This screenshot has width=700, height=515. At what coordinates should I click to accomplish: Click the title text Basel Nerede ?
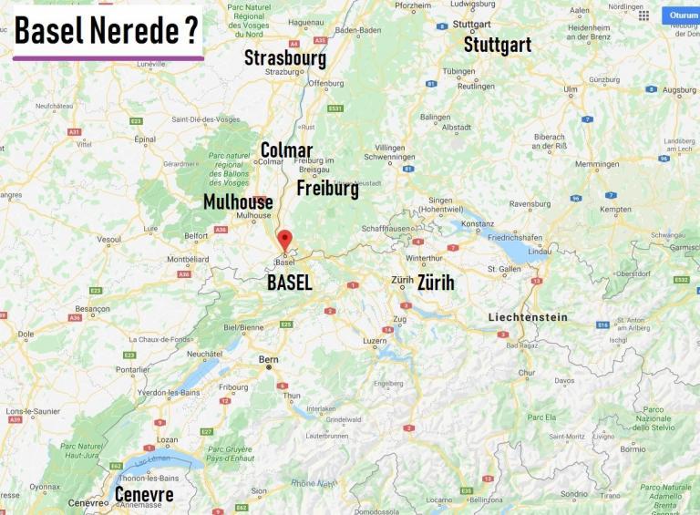108,31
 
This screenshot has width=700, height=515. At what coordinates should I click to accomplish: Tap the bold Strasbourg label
284,58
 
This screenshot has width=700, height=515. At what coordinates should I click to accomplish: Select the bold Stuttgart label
498,44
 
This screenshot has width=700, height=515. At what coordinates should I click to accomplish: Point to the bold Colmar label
286,150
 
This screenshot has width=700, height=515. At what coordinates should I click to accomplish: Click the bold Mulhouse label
238,201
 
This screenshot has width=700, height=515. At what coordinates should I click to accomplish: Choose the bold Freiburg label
327,189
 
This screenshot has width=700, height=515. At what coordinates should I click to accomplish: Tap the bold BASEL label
290,283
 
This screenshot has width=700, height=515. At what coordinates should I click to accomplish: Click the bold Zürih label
436,283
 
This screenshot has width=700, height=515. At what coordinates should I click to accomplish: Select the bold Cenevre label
144,494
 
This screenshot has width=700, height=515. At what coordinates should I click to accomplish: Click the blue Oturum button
683,15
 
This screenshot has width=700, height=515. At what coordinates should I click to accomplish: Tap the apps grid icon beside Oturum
643,15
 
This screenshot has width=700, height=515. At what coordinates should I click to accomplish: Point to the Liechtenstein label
528,317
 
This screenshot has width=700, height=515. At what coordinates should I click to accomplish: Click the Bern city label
268,359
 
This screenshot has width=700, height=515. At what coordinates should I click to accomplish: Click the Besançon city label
93,309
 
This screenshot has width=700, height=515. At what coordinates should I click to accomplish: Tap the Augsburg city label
679,90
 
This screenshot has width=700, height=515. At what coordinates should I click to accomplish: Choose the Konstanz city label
477,223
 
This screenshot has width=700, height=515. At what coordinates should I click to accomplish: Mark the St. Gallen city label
504,269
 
